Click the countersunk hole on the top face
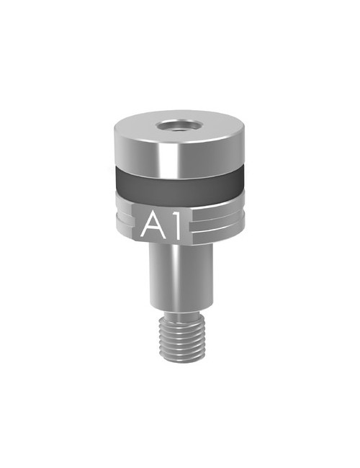coord(179,126)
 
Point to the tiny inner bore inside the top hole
coord(179,130)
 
